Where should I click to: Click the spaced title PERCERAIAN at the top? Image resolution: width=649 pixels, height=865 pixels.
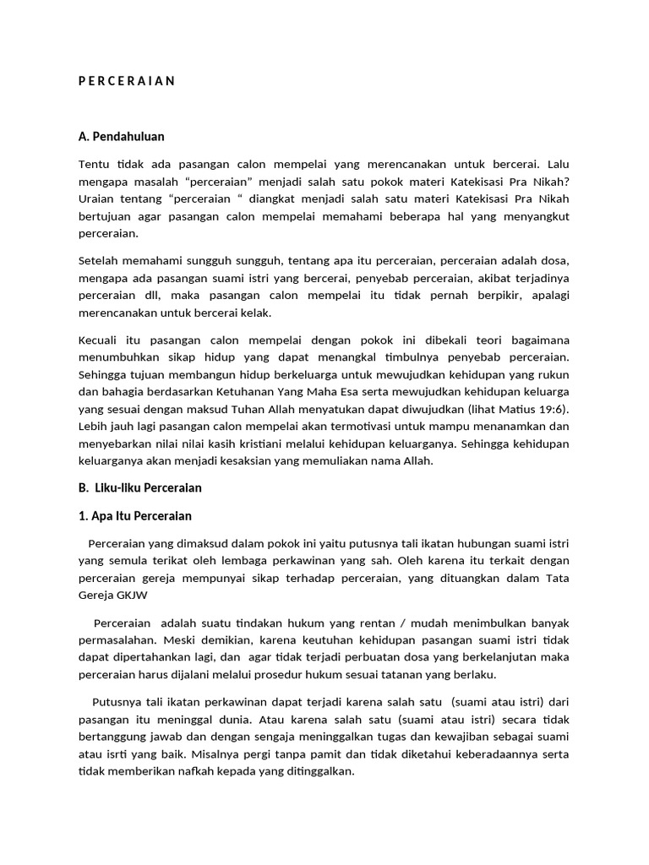click(126, 81)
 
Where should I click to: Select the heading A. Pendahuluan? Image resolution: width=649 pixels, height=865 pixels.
click(121, 135)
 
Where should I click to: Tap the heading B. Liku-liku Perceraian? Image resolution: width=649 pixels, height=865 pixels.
click(139, 487)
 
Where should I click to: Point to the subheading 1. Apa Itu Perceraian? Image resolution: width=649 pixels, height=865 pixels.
click(134, 515)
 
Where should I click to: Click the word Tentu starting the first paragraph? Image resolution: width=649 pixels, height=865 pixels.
click(93, 163)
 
